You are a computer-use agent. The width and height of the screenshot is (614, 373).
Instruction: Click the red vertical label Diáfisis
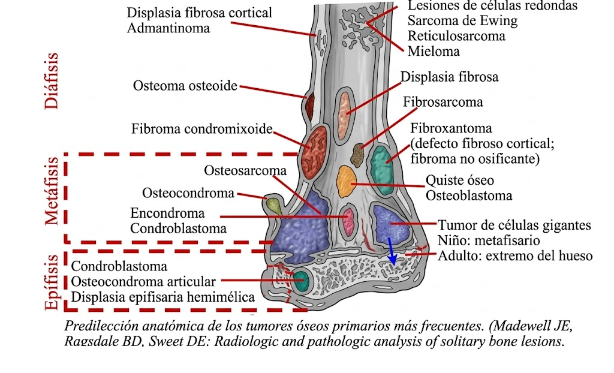tap(53, 81)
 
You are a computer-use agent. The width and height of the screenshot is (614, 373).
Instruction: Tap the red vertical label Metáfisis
tap(53, 191)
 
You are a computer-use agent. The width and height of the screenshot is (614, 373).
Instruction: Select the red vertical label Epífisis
tap(53, 282)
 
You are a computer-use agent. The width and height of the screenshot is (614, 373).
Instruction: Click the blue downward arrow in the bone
tap(392, 250)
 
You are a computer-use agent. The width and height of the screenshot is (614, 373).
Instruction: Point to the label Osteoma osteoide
tap(185, 86)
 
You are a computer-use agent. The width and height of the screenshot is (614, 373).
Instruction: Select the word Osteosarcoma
tap(245, 171)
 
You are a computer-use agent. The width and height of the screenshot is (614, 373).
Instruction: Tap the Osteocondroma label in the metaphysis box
tap(188, 193)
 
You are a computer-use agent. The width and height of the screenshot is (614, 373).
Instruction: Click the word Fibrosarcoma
tap(443, 102)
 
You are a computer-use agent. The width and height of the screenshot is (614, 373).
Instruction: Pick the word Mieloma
tap(434, 51)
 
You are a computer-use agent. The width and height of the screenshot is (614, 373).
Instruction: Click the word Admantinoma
tap(168, 28)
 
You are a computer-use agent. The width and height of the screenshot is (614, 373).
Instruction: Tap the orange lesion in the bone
tap(346, 181)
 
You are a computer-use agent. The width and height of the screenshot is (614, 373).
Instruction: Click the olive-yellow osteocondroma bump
tap(274, 206)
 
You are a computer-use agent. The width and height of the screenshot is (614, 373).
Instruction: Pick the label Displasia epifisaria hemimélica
tap(163, 296)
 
